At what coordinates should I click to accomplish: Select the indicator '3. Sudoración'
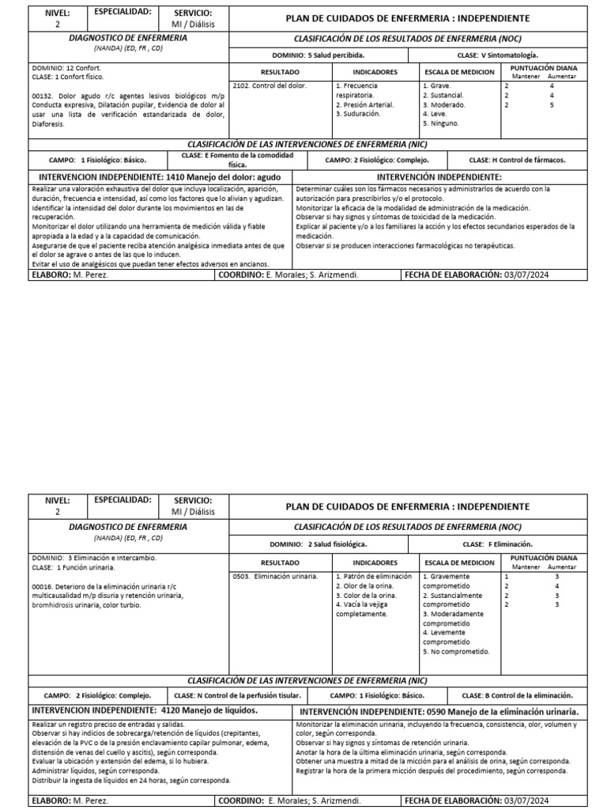click(x=358, y=113)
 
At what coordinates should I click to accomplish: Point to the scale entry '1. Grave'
click(x=437, y=85)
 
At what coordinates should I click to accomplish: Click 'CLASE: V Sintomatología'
click(x=497, y=55)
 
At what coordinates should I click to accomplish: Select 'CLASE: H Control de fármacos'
click(x=517, y=159)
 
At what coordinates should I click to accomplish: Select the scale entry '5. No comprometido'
click(x=457, y=652)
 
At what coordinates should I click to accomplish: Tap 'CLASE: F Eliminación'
click(x=497, y=544)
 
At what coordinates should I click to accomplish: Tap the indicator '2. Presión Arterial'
click(x=365, y=104)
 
